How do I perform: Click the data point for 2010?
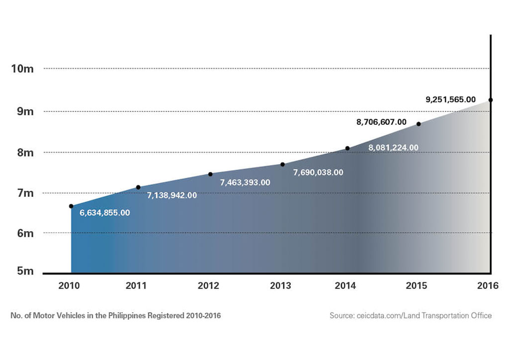71,206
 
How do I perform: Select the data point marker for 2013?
282,165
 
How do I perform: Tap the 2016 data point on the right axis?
491,100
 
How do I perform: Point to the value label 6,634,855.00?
105,213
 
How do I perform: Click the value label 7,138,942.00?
172,195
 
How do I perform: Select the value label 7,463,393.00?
245,182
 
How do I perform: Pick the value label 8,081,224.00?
393,148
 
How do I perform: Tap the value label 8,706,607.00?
381,122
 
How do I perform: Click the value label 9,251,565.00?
451,99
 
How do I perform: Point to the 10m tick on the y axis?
22,69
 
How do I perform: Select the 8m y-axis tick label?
22,153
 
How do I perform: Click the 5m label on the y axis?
22,272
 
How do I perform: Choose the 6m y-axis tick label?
22,233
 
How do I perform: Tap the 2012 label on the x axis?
208,286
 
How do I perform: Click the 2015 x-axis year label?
417,286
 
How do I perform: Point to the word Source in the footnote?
341,316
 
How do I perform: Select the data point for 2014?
347,148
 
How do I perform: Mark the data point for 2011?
138,187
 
